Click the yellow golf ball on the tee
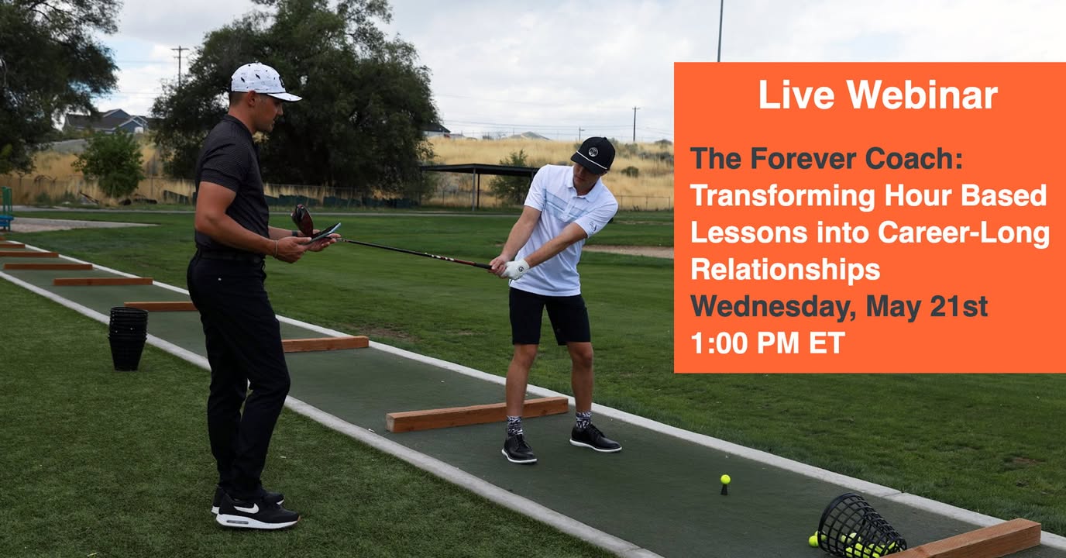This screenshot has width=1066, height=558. coord(725,479)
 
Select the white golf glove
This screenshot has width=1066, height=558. coord(516,270)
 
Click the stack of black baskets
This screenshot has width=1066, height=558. coord(128,339)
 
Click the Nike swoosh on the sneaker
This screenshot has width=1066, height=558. coord(246,508)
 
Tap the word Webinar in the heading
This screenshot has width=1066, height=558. coord(922,95)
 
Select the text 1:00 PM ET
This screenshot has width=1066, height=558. coord(768,343)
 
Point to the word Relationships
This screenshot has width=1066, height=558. coord(786,270)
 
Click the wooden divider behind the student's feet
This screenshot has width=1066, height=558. coord(477,414)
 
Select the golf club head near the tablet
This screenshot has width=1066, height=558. coord(303,220)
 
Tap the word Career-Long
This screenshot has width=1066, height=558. coord(963,233)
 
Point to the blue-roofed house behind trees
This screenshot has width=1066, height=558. coord(107,122)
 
